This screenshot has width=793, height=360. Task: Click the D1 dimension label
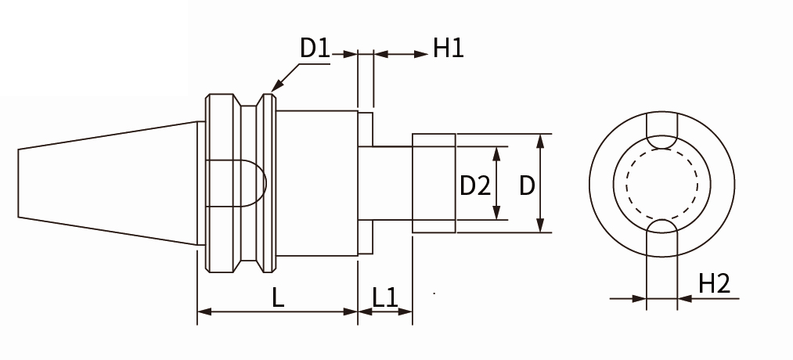[314, 49]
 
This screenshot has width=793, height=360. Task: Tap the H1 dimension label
[449, 49]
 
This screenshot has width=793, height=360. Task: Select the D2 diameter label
[474, 185]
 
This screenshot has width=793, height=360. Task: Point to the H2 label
[714, 283]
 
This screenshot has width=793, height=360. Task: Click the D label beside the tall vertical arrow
[528, 185]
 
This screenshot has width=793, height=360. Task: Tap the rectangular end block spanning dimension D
[434, 183]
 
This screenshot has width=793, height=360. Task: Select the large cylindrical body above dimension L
[317, 183]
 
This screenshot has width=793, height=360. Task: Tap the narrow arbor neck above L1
[384, 183]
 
